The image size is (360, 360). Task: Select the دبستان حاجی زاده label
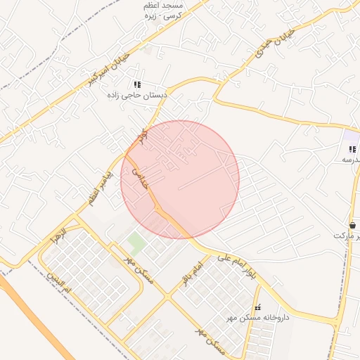tap(139, 95)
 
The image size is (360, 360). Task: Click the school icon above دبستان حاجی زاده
tap(138, 84)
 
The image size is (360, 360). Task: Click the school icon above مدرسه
tap(352, 149)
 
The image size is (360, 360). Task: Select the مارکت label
tap(345, 236)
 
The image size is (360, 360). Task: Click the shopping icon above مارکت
tap(352, 225)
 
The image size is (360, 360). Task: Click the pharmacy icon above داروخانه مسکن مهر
tap(257, 307)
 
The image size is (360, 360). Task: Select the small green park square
tap(137, 243)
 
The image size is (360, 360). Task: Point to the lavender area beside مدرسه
tap(350, 136)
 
